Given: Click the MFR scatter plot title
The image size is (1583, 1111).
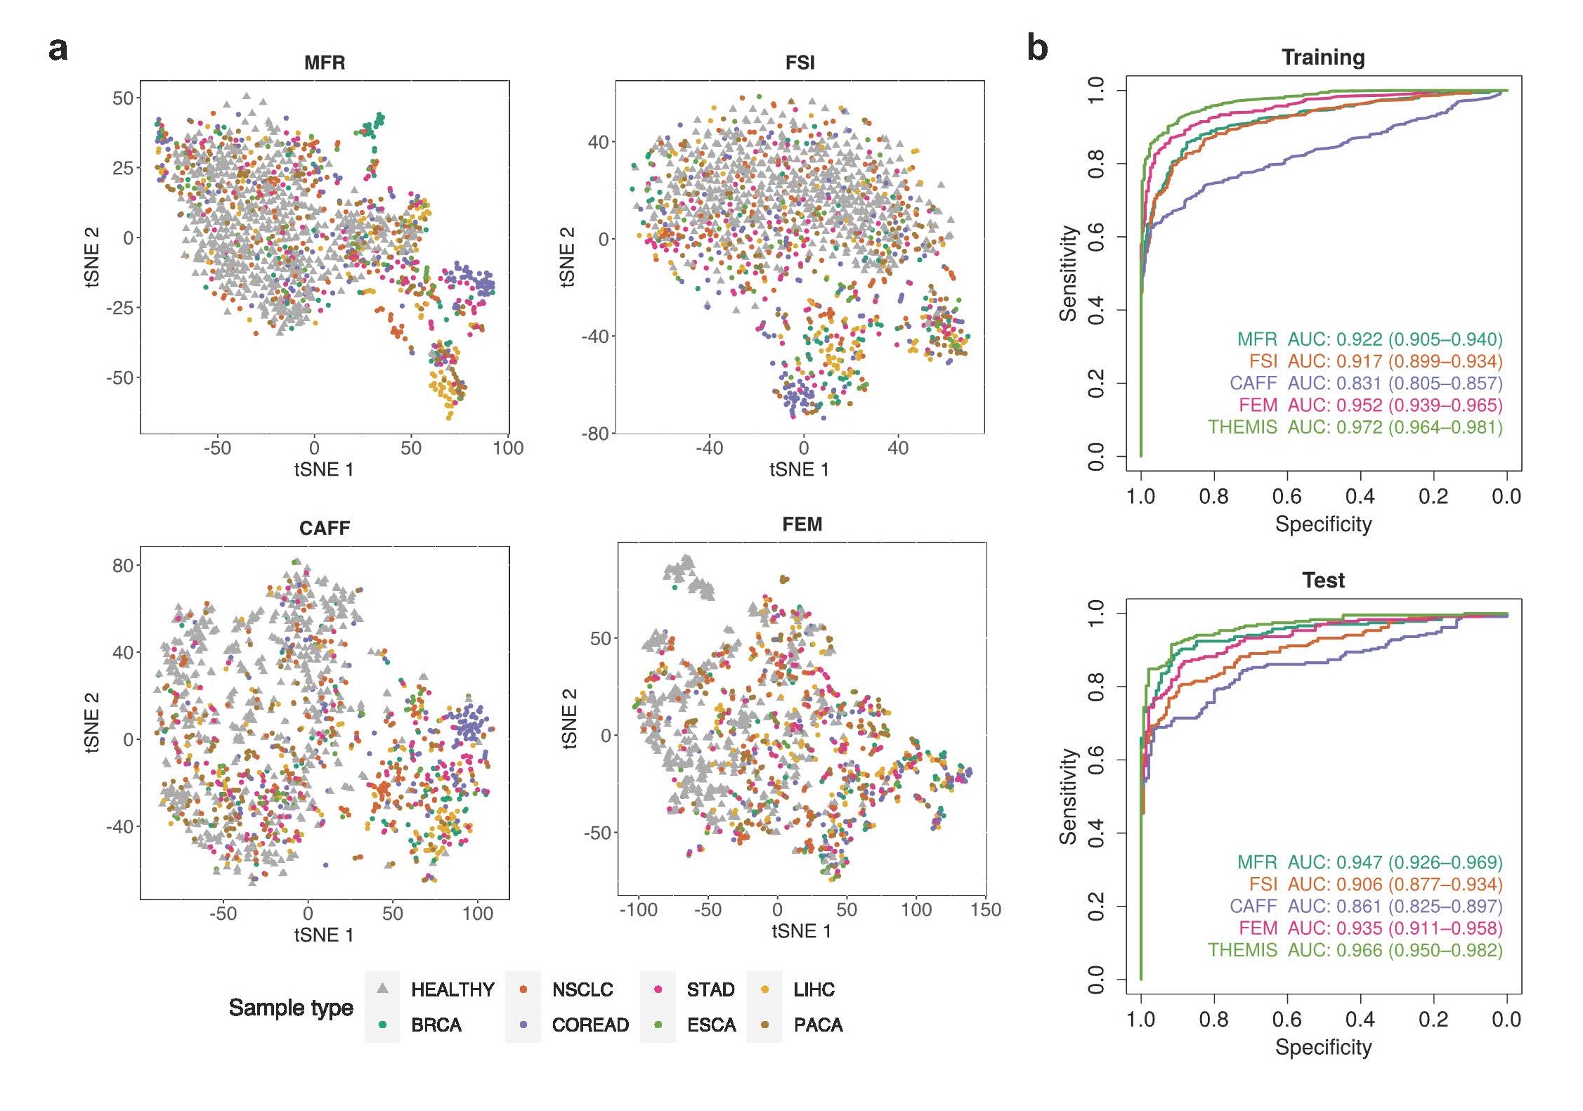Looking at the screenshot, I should pyautogui.click(x=325, y=63).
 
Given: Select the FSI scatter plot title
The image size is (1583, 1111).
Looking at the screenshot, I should pyautogui.click(x=800, y=63).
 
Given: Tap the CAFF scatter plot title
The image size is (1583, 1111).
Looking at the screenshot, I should pyautogui.click(x=325, y=528).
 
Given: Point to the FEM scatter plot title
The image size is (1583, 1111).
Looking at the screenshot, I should pyautogui.click(x=802, y=524).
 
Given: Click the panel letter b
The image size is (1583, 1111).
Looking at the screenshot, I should pyautogui.click(x=1037, y=48).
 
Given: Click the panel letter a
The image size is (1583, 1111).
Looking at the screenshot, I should pyautogui.click(x=58, y=49).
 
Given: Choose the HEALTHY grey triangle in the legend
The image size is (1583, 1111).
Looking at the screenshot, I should pyautogui.click(x=383, y=989).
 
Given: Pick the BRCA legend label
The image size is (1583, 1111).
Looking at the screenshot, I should pyautogui.click(x=436, y=1025).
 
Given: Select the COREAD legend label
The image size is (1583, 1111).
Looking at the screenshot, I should pyautogui.click(x=590, y=1025).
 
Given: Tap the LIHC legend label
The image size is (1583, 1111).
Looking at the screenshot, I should pyautogui.click(x=814, y=989).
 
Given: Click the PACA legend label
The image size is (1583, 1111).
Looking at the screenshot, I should pyautogui.click(x=818, y=1025).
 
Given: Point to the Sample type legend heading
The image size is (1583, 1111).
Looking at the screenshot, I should pyautogui.click(x=291, y=1007).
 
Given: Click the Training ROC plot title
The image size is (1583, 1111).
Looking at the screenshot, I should pyautogui.click(x=1323, y=57).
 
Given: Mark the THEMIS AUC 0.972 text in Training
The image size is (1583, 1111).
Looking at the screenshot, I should pyautogui.click(x=1355, y=427).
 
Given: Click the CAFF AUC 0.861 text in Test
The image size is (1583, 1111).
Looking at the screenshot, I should pyautogui.click(x=1365, y=907).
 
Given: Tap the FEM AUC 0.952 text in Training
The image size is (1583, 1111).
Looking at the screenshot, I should pyautogui.click(x=1370, y=405).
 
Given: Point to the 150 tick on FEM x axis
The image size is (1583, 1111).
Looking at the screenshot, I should pyautogui.click(x=986, y=909).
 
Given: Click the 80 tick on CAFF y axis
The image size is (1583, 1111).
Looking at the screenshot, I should pyautogui.click(x=123, y=565).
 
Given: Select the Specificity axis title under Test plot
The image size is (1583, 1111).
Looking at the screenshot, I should pyautogui.click(x=1323, y=1047).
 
